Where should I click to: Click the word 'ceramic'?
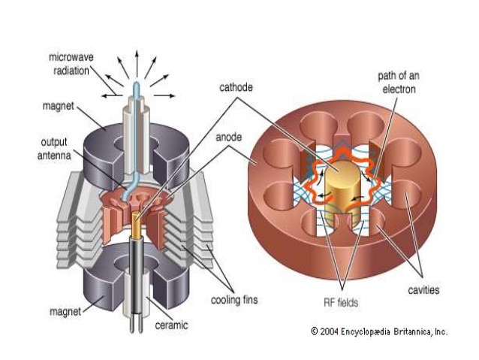click(x=172, y=325)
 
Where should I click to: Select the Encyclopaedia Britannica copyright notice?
click(x=378, y=331)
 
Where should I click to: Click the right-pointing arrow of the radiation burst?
click(x=167, y=95)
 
